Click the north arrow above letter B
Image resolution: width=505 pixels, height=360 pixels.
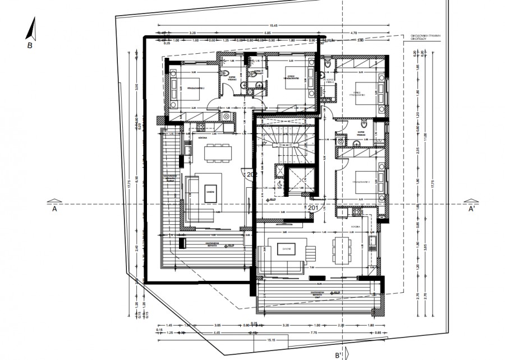33,28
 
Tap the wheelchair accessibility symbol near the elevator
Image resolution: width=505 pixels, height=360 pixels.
279,183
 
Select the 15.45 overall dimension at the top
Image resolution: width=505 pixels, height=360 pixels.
274,26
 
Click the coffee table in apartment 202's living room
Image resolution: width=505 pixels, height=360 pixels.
210,191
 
